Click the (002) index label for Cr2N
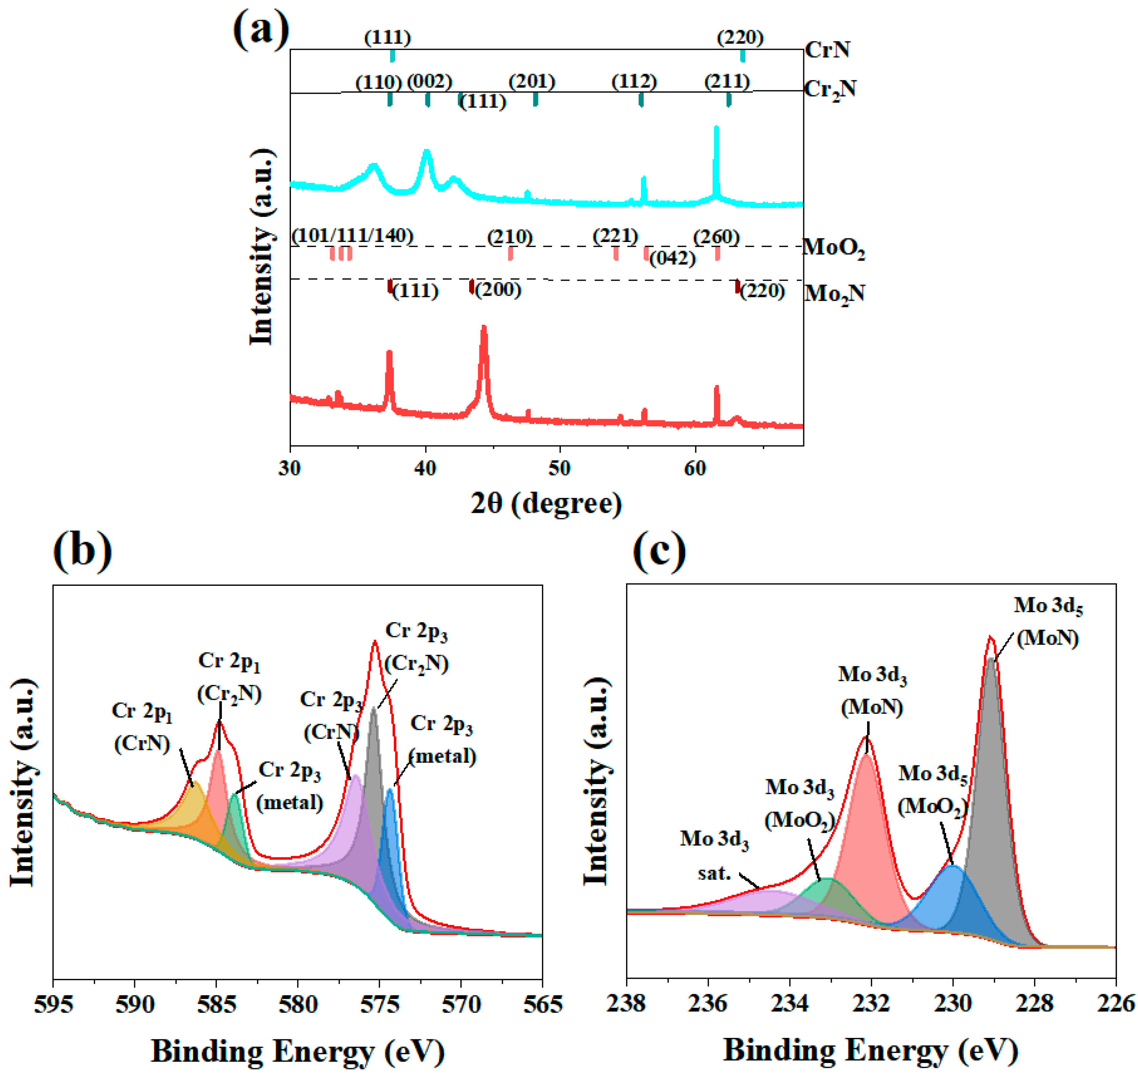(x=429, y=82)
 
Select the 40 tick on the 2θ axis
(x=425, y=468)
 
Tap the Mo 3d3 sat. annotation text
(x=714, y=856)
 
